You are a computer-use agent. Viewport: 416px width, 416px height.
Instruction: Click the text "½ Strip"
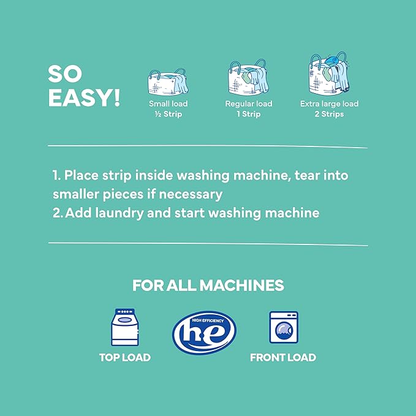165,114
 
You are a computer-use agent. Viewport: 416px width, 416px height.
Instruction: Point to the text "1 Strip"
248,114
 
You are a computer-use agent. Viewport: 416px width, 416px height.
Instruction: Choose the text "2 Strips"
329,114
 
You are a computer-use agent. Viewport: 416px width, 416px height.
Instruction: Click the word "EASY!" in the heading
84,98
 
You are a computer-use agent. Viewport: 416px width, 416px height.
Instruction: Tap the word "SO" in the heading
65,74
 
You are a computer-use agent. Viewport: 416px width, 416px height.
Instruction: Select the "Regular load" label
248,104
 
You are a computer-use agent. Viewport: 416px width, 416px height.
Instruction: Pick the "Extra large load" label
329,104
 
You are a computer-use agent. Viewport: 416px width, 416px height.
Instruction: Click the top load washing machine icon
125,328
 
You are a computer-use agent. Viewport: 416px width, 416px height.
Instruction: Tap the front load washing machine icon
284,328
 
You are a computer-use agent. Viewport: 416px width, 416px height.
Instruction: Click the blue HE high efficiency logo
204,333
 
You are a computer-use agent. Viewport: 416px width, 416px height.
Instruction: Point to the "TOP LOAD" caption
125,357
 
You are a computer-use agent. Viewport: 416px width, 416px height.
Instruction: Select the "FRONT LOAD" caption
283,357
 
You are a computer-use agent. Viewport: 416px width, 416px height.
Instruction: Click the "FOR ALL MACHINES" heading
208,286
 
